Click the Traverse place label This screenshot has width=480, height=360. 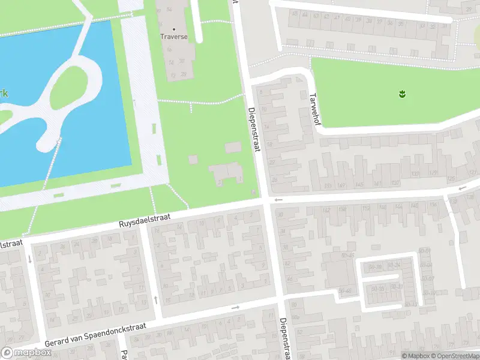[174, 37]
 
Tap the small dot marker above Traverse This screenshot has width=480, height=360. [175, 28]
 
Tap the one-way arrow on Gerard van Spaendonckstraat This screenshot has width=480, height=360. [235, 308]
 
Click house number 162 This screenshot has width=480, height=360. [326, 209]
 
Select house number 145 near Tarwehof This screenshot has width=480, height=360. [359, 184]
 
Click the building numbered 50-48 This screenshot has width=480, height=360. [345, 291]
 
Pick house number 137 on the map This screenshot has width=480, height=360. [397, 182]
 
